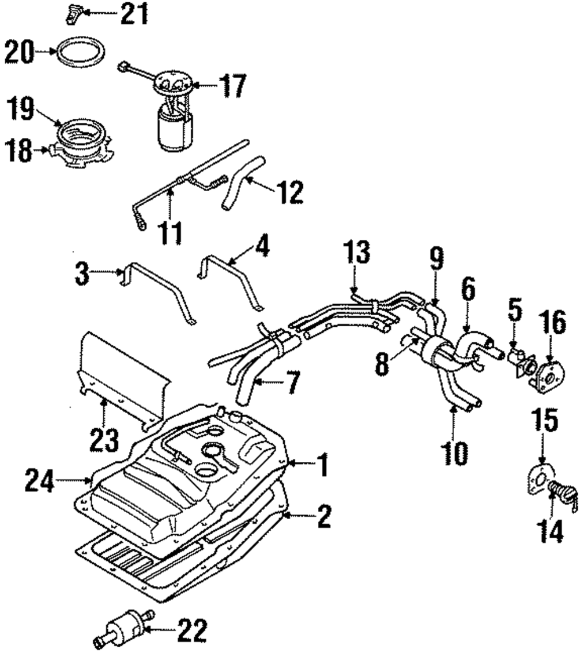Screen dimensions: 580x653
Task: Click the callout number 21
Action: pyautogui.click(x=134, y=13)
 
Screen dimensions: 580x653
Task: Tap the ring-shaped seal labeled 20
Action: pyautogui.click(x=81, y=51)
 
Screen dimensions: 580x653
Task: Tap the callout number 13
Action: pyautogui.click(x=357, y=252)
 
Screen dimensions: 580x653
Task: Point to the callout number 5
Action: pyautogui.click(x=515, y=310)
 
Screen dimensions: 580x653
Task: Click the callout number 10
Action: pyautogui.click(x=456, y=453)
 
